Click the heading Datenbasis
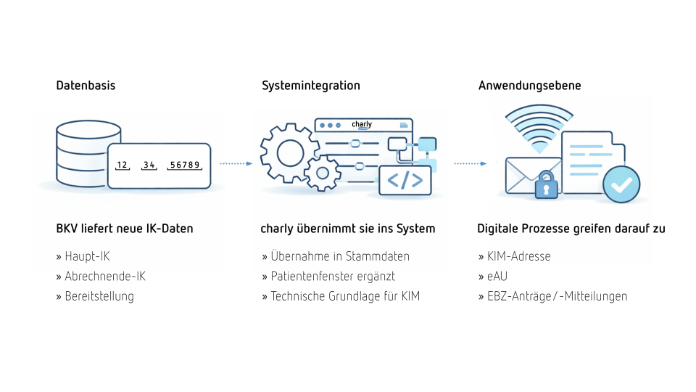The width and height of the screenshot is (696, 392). point(86,86)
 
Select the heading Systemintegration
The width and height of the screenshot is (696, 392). point(310,86)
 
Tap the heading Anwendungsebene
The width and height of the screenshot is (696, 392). point(529,86)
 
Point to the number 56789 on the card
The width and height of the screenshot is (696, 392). point(184,166)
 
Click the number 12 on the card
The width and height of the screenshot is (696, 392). point(123,166)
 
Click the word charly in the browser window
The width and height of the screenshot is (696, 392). point(362,125)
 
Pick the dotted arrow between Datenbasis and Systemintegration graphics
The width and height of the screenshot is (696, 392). point(236,163)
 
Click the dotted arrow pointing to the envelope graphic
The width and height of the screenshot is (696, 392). point(471,163)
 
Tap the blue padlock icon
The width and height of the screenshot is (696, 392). point(547,186)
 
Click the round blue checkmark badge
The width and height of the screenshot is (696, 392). point(621,184)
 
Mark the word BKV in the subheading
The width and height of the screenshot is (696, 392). point(68,229)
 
